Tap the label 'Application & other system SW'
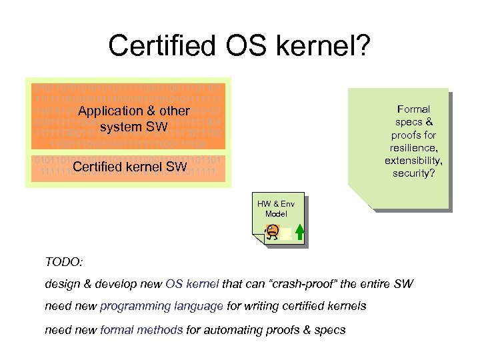[x=133, y=119]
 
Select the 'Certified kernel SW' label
[x=130, y=167]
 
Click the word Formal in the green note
[x=413, y=109]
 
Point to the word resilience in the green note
[x=413, y=147]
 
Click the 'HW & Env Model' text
[x=276, y=208]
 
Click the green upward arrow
[x=299, y=232]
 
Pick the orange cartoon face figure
[x=271, y=231]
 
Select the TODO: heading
[x=64, y=263]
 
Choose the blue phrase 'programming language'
[x=161, y=306]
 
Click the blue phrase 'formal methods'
[x=141, y=329]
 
